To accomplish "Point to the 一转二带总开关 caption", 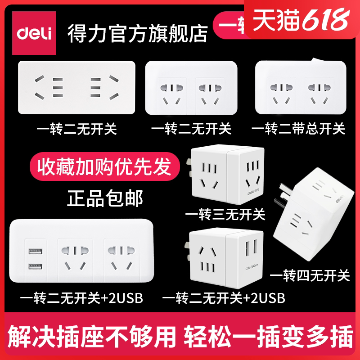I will click(x=298, y=130).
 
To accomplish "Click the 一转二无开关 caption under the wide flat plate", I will click(x=77, y=130).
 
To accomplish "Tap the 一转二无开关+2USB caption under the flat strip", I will click(x=81, y=297).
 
